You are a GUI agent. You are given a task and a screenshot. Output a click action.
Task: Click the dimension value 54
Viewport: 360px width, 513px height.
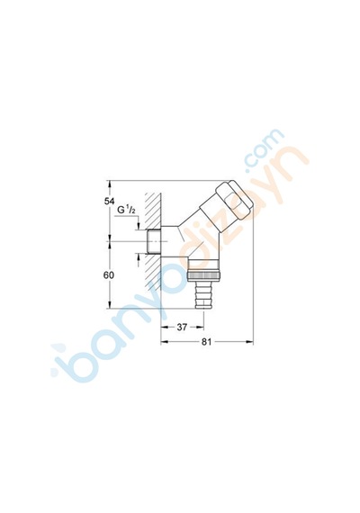tap(109, 202)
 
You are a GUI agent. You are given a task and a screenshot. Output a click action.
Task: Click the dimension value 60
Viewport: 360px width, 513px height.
tap(109, 275)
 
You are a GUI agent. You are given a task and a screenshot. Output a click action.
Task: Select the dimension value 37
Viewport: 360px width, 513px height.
tap(182, 327)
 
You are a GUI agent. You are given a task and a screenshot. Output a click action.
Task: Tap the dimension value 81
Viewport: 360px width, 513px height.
tap(206, 342)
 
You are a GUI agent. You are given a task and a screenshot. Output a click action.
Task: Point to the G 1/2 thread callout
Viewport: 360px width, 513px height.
tap(127, 211)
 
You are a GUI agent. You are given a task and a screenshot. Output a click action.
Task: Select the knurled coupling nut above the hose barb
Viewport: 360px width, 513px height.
tap(204, 270)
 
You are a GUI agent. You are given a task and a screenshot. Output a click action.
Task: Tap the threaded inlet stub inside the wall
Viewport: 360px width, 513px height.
tap(154, 241)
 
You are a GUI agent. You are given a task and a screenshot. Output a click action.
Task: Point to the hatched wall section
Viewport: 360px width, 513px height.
tap(153, 242)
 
